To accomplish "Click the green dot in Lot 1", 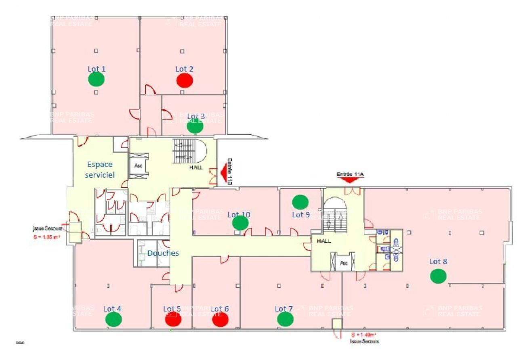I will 97,80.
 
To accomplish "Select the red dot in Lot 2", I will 185,80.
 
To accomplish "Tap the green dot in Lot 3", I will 195,127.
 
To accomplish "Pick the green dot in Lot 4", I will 113,320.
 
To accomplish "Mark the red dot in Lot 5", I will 173,320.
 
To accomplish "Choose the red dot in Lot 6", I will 221,320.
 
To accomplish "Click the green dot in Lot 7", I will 286,319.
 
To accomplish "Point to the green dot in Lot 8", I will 438,276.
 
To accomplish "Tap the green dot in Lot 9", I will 300,201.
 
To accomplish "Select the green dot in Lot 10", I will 240,223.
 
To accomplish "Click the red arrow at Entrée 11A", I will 350,180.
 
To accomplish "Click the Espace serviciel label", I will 100,170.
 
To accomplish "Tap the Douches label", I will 163,253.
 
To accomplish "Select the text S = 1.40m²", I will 364,335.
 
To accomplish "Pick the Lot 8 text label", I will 438,262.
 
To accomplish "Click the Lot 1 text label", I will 97,69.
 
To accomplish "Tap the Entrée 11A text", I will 350,174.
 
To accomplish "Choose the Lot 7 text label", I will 284,309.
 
